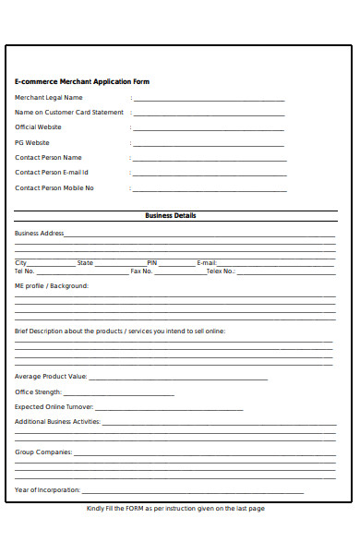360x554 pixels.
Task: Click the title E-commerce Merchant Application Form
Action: pos(82,81)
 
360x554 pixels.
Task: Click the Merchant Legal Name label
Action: pos(49,97)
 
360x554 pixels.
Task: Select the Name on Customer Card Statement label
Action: pos(69,113)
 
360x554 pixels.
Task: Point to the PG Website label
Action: pos(32,143)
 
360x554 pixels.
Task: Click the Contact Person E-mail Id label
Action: pos(52,173)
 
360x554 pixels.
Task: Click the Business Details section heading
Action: pos(171,216)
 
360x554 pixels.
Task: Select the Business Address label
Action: pos(40,234)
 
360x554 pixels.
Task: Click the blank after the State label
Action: pos(120,264)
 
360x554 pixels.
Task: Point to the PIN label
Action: pos(152,263)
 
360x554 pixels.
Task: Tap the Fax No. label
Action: pos(141,271)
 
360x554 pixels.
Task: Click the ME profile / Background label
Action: pos(52,286)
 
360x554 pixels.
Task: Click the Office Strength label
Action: pos(38,392)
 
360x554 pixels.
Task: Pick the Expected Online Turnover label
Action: pos(54,407)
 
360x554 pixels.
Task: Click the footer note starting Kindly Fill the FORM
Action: pos(175,509)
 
